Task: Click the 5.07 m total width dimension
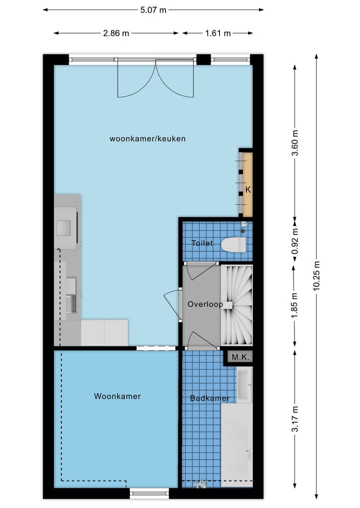point(152,9)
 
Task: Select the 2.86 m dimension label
point(116,33)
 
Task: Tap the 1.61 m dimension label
point(217,33)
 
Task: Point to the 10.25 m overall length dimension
point(316,278)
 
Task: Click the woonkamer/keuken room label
point(147,139)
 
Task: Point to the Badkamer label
point(209,398)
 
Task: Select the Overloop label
point(205,304)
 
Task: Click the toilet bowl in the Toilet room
point(234,245)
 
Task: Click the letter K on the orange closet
point(247,190)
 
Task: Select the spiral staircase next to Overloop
point(236,305)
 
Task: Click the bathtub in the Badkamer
point(236,445)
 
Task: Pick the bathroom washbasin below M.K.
point(244,386)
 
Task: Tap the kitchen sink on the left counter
point(71,303)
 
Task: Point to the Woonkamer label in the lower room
point(117,397)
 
